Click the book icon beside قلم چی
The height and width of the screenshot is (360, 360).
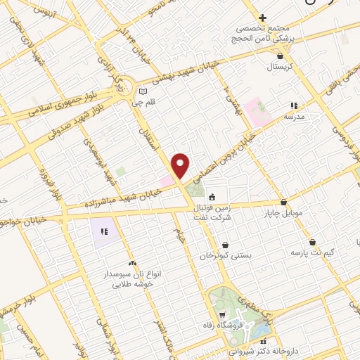[x=143, y=91]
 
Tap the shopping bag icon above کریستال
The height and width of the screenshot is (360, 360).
[x=280, y=55]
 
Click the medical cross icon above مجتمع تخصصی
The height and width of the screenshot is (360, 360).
[x=262, y=18]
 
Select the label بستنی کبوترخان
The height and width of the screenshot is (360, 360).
[x=225, y=256]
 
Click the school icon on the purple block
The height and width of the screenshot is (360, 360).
[x=104, y=231]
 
